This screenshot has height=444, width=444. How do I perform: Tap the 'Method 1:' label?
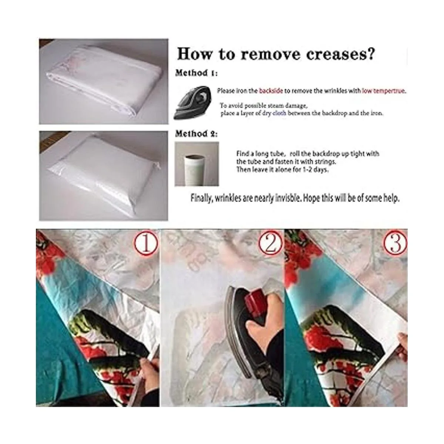tap(196, 73)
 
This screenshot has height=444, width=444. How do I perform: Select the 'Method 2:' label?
tap(196, 134)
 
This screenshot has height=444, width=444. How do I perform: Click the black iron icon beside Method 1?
tap(193, 103)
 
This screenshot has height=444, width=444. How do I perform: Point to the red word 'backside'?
tap(271, 91)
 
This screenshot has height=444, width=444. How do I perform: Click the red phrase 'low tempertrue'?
tap(383, 91)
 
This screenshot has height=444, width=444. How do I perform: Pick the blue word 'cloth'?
tap(279, 113)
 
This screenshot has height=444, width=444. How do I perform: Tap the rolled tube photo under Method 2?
tap(196, 164)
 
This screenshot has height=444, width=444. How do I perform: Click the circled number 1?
tap(146, 243)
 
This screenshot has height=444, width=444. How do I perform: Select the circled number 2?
tap(270, 243)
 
